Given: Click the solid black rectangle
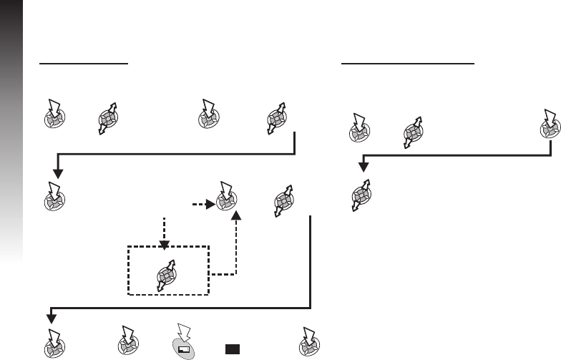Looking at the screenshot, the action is (231, 349).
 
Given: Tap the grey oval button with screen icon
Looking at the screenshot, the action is (185, 349).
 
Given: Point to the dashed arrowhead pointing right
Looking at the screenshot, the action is (210, 204).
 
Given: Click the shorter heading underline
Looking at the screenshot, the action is (83, 63).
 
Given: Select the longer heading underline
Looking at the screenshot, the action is (409, 63).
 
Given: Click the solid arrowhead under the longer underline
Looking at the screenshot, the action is (363, 167).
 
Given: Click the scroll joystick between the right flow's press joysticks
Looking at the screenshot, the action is (411, 132).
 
